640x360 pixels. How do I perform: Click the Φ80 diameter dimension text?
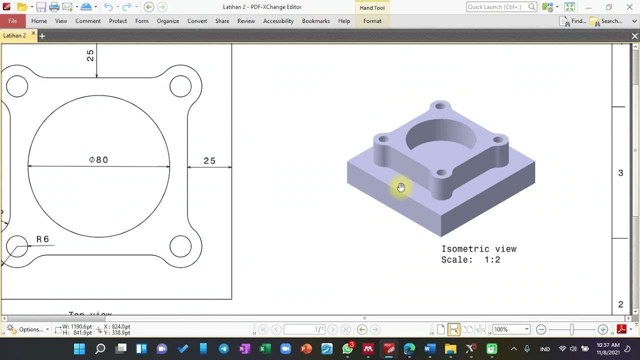(x=98, y=160)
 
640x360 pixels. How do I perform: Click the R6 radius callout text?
(x=43, y=239)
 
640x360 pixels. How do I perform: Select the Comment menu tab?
(x=88, y=21)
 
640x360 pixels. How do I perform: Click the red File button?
(x=12, y=21)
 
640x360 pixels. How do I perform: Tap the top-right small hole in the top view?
(x=180, y=86)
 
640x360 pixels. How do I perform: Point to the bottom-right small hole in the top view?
(x=180, y=246)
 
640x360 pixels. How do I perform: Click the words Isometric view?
(x=478, y=249)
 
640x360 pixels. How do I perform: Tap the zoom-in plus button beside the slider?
(x=603, y=329)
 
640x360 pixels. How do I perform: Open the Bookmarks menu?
(x=315, y=21)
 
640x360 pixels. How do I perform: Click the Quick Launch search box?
(x=497, y=7)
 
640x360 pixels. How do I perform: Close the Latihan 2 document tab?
(x=33, y=34)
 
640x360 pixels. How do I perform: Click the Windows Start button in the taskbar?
(x=79, y=349)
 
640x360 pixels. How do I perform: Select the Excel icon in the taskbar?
(x=265, y=349)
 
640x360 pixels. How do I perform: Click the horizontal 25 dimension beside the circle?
(x=209, y=161)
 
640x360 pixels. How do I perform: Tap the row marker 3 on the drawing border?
(x=620, y=173)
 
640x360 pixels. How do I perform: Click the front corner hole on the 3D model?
(x=441, y=173)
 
